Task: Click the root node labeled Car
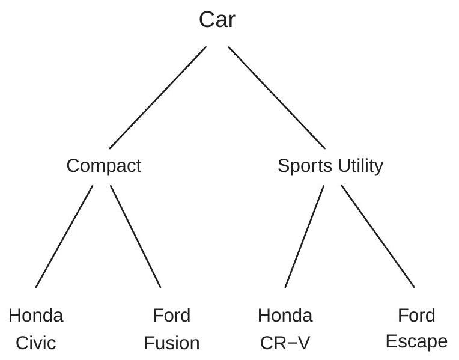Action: click(x=217, y=20)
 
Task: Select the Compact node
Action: click(x=104, y=166)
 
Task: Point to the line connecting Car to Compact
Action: click(x=157, y=97)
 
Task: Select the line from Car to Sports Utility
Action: click(x=276, y=97)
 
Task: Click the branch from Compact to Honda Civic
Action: click(x=64, y=236)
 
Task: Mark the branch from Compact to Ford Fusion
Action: click(x=136, y=236)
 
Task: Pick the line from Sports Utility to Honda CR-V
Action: click(x=304, y=236)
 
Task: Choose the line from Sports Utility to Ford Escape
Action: click(x=378, y=236)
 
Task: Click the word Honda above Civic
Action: click(x=36, y=315)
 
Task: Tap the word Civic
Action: click(x=36, y=343)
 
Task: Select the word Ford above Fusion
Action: click(x=172, y=315)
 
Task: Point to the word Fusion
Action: click(x=172, y=343)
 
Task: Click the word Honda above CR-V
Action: click(x=285, y=315)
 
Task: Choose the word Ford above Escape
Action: click(x=416, y=315)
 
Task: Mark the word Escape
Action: click(x=416, y=342)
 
